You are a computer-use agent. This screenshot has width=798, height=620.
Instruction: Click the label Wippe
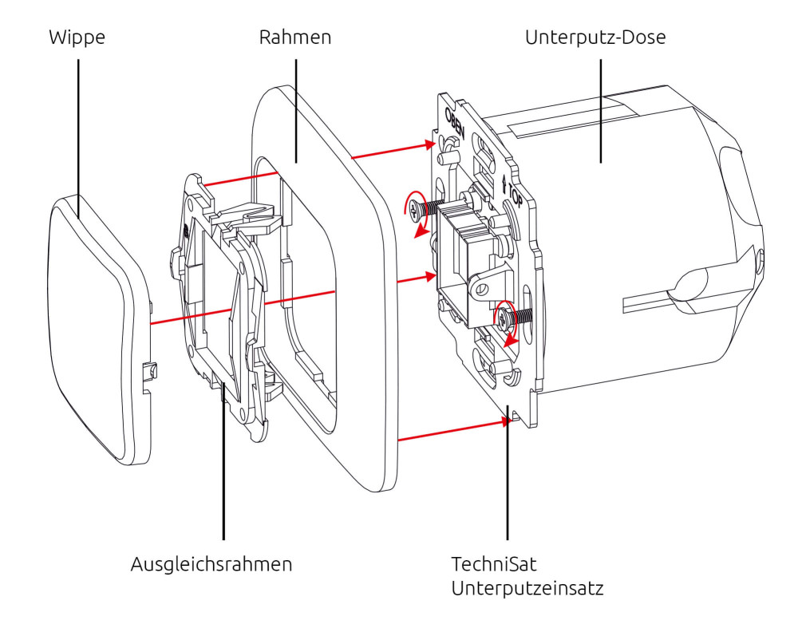pyautogui.click(x=78, y=38)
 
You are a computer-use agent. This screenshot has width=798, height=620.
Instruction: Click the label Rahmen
pyautogui.click(x=294, y=38)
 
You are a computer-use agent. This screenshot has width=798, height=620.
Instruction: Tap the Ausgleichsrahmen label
pyautogui.click(x=211, y=565)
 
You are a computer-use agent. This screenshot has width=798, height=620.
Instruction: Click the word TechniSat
pyautogui.click(x=488, y=565)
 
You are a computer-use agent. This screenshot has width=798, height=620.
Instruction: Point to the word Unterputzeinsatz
pyautogui.click(x=527, y=590)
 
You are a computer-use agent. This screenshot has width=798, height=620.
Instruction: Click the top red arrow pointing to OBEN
pyautogui.click(x=395, y=152)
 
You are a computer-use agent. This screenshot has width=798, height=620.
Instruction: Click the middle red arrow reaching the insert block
pyautogui.click(x=415, y=280)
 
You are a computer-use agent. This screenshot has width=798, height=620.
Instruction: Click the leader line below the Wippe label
pyautogui.click(x=78, y=128)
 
